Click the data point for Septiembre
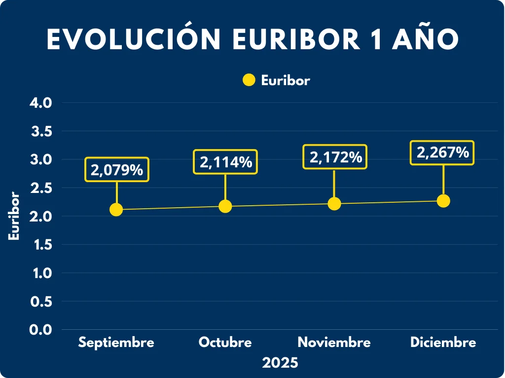(116, 210)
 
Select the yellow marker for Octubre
(225, 206)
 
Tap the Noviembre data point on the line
(334, 204)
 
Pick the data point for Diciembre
(443, 201)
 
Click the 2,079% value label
(117, 170)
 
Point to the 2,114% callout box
(225, 161)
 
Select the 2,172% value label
(335, 157)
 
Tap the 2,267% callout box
(442, 153)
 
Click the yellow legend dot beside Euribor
(249, 80)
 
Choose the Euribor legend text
(286, 81)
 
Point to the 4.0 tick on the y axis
(41, 103)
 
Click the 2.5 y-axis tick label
(41, 188)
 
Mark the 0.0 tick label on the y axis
(41, 330)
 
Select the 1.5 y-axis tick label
(41, 245)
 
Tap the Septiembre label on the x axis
(116, 343)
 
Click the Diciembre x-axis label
(443, 343)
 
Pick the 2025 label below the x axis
(280, 363)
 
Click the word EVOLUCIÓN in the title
(134, 39)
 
